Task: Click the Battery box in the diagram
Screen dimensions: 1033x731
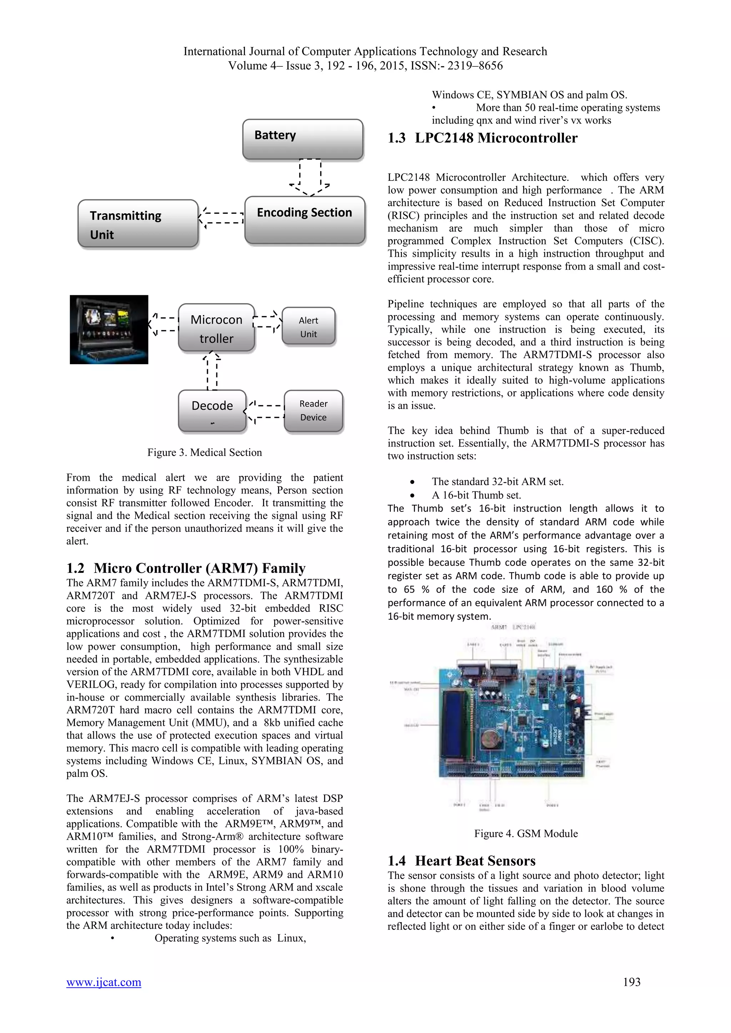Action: (302, 139)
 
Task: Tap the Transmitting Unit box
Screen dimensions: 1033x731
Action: (138, 224)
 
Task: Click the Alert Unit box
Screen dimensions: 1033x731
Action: (308, 327)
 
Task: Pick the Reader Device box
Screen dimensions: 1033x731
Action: (313, 410)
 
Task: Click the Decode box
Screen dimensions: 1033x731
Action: (212, 410)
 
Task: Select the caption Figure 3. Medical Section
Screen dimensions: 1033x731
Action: (205, 452)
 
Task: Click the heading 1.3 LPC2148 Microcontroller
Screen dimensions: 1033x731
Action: (483, 138)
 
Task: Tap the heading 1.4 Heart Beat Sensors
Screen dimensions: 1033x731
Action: (462, 860)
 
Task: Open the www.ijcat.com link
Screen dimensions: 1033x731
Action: (104, 982)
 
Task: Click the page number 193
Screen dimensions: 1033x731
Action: (631, 982)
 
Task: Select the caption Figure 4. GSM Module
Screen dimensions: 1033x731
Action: (525, 833)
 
